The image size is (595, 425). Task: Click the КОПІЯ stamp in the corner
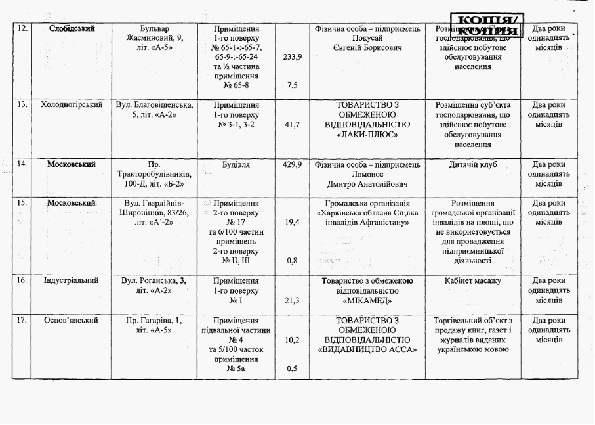pos(487,24)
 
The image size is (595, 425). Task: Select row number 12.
pos(21,28)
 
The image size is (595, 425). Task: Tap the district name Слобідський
pos(72,28)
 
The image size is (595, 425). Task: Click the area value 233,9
pos(292,57)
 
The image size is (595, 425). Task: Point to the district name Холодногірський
pos(72,105)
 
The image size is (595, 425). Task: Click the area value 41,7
pos(292,124)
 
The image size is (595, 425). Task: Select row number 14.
pos(21,164)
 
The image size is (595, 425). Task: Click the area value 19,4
pos(292,223)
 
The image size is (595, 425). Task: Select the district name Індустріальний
pos(72,281)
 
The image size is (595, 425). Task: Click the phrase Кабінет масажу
pos(472,281)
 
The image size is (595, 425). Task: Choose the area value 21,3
pos(292,300)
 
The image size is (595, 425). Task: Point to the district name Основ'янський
pos(72,321)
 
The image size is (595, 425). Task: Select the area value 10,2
pos(292,340)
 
